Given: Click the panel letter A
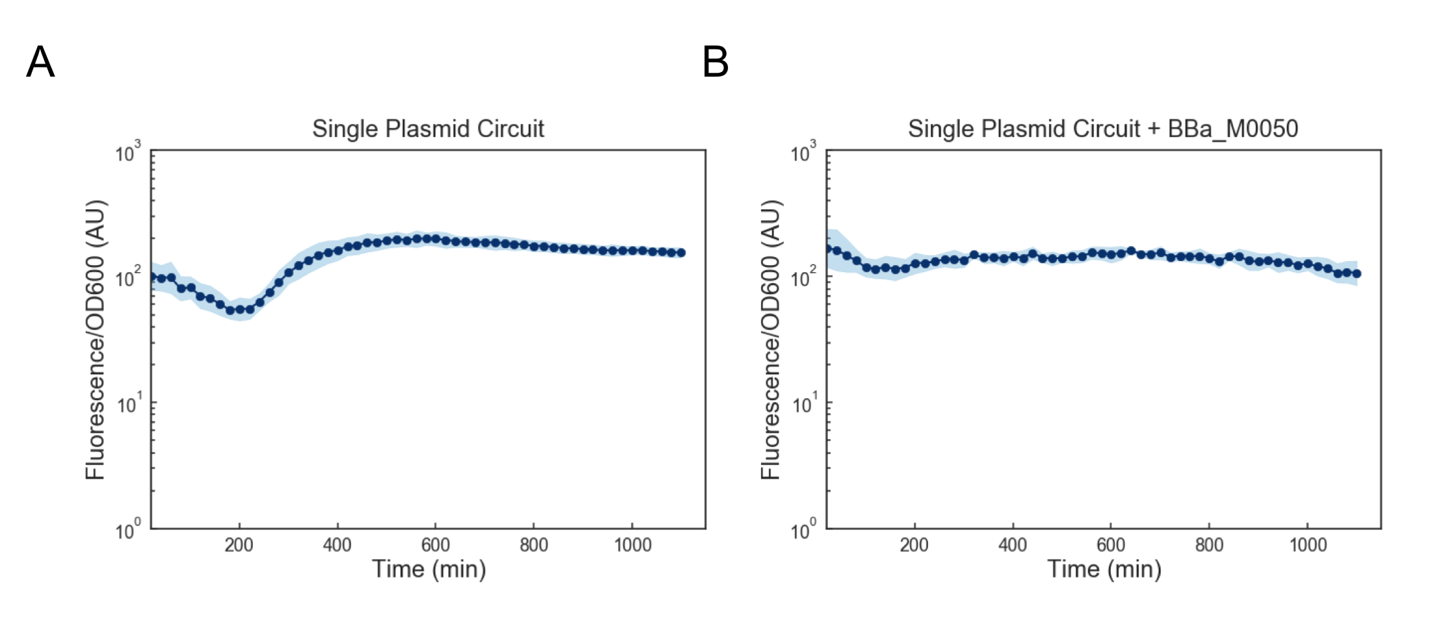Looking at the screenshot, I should click(40, 62).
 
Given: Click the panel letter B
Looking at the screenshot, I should click(715, 62).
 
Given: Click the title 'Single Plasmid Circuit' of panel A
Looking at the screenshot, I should click(428, 129).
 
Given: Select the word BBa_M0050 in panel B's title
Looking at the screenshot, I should click(1232, 129).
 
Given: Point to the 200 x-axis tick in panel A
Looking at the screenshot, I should click(239, 544).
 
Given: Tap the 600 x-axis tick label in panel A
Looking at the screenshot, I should click(435, 544).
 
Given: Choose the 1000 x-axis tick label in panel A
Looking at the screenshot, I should click(632, 544).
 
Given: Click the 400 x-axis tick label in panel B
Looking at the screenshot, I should click(1013, 544).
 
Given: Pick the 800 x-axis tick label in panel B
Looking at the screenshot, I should click(1209, 544).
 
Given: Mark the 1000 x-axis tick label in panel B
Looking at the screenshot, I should click(1308, 544).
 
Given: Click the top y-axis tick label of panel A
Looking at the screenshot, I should click(127, 153).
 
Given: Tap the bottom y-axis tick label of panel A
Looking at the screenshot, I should click(127, 531).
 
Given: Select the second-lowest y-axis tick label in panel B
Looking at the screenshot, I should click(803, 405).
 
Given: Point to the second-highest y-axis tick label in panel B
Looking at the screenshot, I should click(803, 279).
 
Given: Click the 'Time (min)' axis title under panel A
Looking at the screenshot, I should click(429, 569).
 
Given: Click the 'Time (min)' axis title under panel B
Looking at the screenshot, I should click(1104, 569).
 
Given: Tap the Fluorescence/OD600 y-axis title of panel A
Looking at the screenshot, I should click(96, 340).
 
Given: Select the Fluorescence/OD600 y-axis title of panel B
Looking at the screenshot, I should click(771, 340).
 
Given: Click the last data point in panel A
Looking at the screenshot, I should click(681, 253).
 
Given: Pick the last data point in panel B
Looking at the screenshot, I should click(1356, 273).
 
